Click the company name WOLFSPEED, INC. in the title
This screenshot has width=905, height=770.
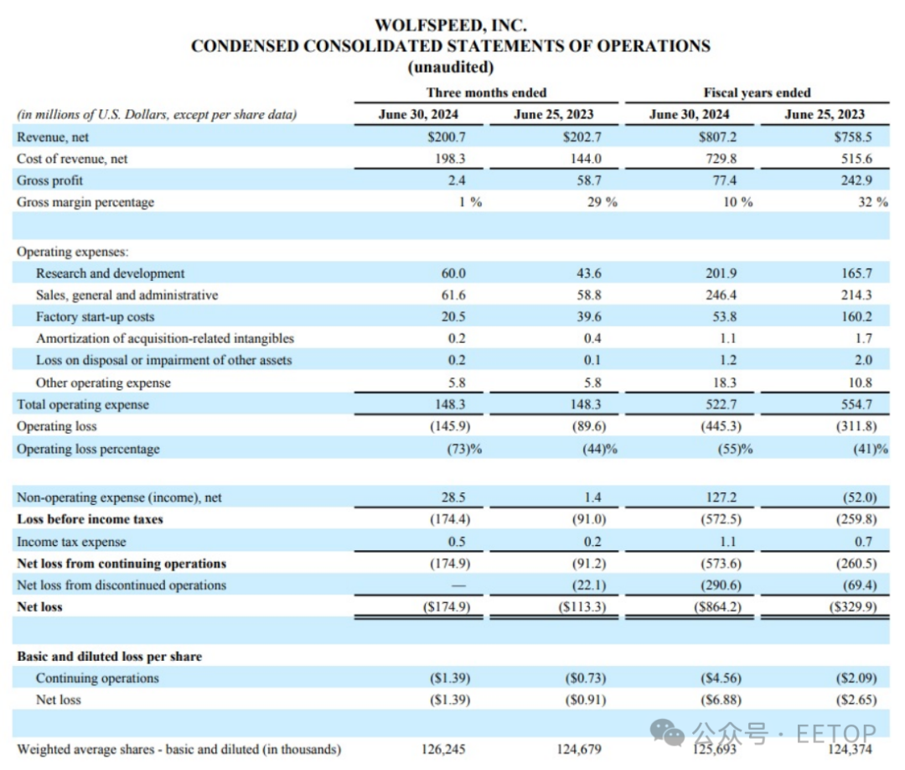click(450, 26)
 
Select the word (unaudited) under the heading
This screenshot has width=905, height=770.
click(450, 66)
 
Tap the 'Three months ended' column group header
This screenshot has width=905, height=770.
click(486, 92)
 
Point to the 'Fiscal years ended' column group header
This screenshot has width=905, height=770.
click(757, 92)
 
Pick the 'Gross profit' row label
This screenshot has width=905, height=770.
click(49, 180)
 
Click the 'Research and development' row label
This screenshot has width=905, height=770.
click(110, 273)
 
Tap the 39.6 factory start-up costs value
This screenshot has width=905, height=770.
click(587, 317)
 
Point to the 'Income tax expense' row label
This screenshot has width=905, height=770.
click(71, 542)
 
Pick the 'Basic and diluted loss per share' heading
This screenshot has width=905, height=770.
click(109, 656)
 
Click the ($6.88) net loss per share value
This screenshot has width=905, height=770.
click(721, 699)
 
